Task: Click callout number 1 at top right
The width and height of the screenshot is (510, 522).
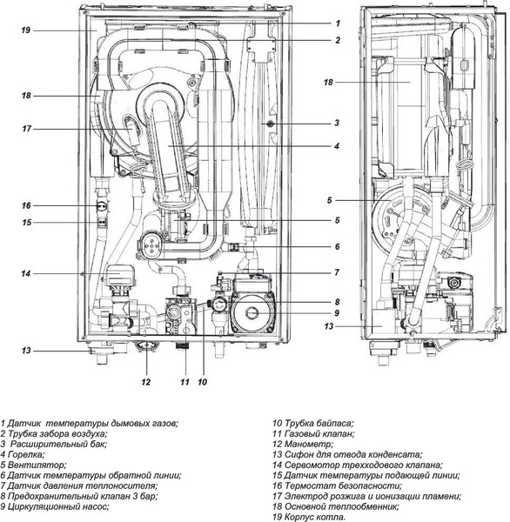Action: pos(338,23)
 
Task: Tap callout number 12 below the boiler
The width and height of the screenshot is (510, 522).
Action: pos(146,382)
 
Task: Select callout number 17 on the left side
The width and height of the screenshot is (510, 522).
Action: pos(26,129)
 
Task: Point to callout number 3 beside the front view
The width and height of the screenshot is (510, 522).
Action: pos(337,123)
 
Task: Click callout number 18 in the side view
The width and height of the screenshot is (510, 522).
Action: pos(328,82)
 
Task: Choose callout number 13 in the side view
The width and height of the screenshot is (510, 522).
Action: pos(328,326)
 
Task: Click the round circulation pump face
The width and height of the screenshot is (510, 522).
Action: pos(252,312)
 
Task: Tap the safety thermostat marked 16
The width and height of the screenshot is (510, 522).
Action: pos(102,205)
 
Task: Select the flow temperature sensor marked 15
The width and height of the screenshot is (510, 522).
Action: pos(103,221)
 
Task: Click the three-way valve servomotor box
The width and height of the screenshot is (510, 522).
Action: pos(118,274)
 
